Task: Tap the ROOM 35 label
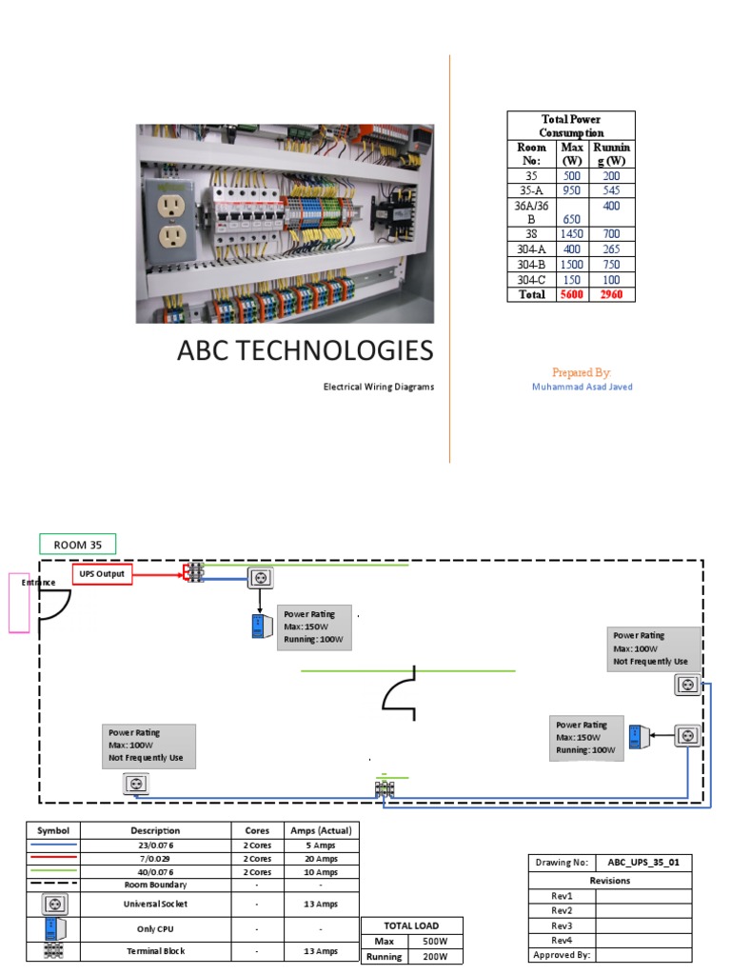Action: [x=77, y=545]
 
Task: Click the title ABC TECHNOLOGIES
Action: [x=305, y=350]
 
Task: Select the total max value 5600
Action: [x=572, y=294]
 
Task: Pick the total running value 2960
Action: [x=611, y=294]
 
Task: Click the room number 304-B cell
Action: [x=531, y=264]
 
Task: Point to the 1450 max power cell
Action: [x=572, y=233]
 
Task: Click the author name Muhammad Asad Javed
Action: [x=582, y=387]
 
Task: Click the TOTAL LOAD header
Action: [x=411, y=925]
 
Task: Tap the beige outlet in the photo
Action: [x=169, y=216]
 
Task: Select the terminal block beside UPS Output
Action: [x=194, y=572]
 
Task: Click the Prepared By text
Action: [x=581, y=372]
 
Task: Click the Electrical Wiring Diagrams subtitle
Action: [x=379, y=388]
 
